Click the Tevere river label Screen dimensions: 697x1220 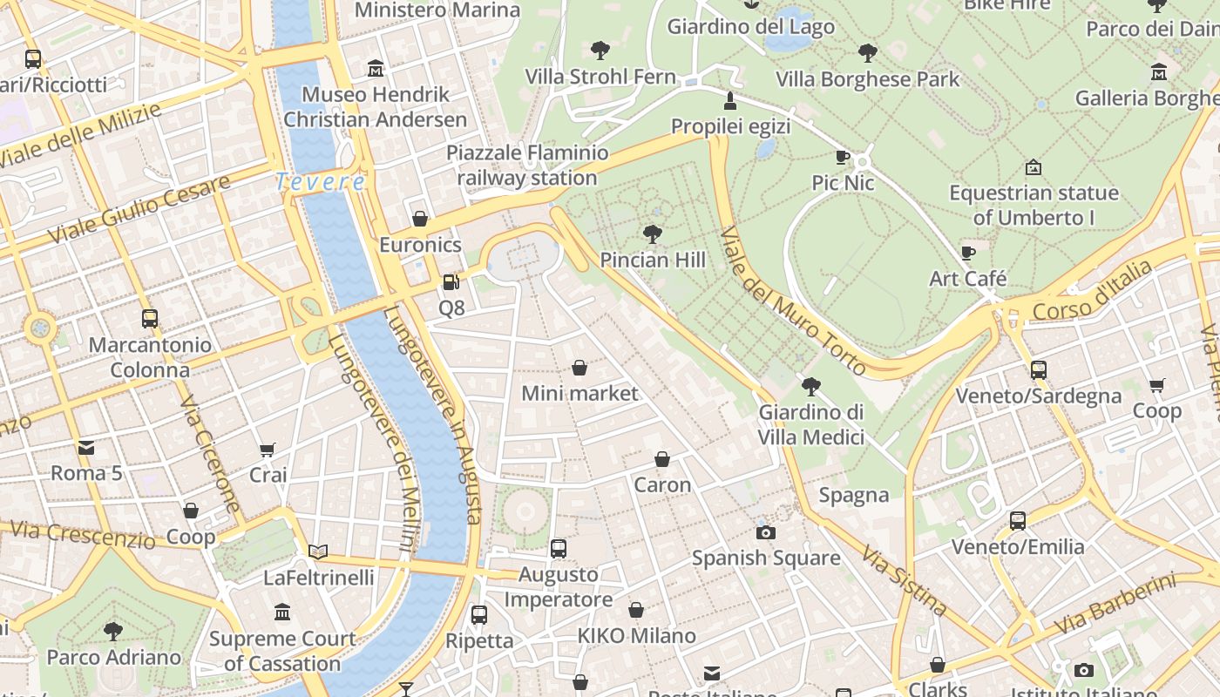pos(320,182)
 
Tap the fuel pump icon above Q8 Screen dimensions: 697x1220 pos(451,282)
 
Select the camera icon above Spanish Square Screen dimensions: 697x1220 pos(766,532)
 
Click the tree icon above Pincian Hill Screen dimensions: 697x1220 pos(652,233)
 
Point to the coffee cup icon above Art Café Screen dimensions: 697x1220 pos(967,253)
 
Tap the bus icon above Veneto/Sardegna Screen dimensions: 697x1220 pos(1038,369)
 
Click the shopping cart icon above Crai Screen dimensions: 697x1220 pos(268,450)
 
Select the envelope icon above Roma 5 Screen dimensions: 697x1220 pos(86,448)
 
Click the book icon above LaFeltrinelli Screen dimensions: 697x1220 pos(318,552)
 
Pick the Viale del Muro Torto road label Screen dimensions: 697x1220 pos(793,301)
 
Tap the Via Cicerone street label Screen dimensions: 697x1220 pos(209,454)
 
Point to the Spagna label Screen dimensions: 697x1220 pos(854,496)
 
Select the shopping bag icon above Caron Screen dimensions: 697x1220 pos(662,459)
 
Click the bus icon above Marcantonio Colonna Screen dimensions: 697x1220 pos(150,319)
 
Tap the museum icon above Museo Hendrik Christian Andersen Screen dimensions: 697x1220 pos(376,68)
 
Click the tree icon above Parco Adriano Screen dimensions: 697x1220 pos(113,631)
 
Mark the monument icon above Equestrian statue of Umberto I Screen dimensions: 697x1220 pos(1034,166)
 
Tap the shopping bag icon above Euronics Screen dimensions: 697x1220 pos(420,219)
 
